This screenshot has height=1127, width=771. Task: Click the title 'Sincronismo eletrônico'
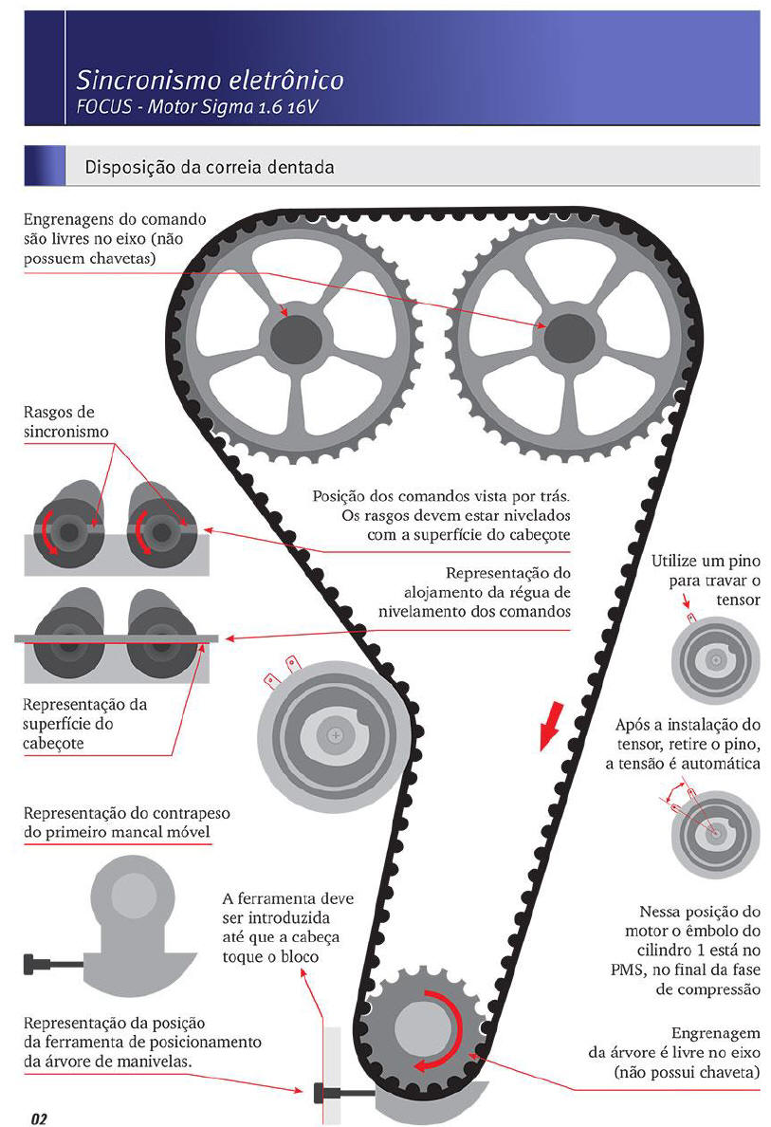click(210, 79)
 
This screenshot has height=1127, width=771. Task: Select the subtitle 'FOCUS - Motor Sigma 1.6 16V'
click(197, 107)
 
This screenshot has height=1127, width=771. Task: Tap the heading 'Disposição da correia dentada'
click(210, 168)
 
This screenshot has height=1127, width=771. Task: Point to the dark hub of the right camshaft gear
click(570, 338)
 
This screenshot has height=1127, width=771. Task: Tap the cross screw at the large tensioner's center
click(336, 735)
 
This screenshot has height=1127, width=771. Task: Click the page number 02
click(39, 1118)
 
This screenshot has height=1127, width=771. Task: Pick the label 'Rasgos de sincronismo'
click(66, 422)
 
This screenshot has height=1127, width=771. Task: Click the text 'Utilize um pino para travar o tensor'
click(706, 580)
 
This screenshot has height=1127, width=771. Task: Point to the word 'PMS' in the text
click(626, 970)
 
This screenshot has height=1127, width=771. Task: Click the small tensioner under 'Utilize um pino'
click(716, 659)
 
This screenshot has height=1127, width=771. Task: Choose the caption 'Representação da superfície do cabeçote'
click(84, 724)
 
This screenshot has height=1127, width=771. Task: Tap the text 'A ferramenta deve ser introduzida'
click(287, 908)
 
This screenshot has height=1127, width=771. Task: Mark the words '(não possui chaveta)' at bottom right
click(687, 1072)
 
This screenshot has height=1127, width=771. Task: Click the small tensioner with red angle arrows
click(716, 834)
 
